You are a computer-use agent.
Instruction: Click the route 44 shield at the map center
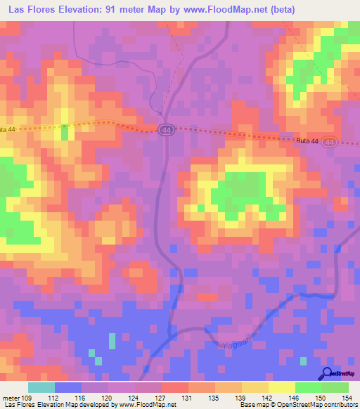(166, 131)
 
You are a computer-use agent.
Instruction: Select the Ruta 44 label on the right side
(307, 141)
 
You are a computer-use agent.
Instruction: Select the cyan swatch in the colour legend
(41, 387)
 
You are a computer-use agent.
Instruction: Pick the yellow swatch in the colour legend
(282, 387)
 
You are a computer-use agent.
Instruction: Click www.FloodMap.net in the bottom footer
(148, 405)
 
